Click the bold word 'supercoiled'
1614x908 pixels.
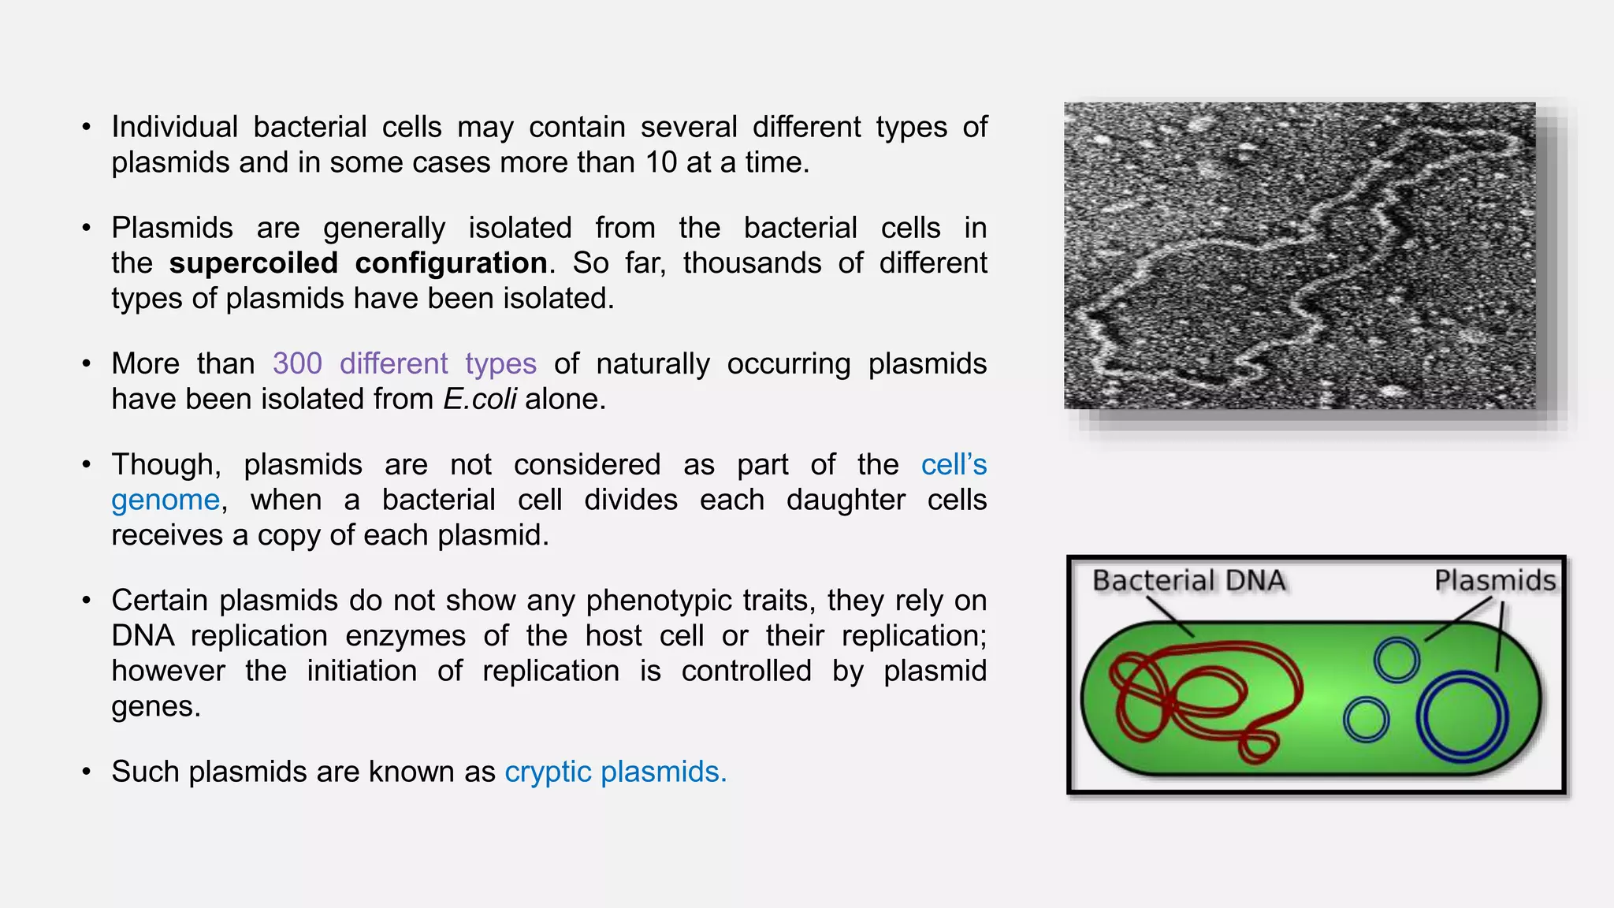tap(253, 263)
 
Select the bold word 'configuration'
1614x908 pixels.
tap(451, 263)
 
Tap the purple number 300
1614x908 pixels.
tap(297, 364)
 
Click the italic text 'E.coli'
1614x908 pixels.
tap(479, 400)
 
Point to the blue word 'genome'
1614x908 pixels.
tap(165, 501)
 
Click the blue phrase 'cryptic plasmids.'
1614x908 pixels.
tap(615, 772)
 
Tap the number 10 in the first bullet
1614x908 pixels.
tap(661, 162)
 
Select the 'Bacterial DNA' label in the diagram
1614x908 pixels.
tap(1188, 581)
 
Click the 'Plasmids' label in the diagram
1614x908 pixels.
tap(1494, 581)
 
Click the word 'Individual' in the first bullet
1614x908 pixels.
tap(174, 127)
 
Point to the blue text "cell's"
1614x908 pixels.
tap(954, 465)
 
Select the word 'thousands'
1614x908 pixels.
tap(752, 263)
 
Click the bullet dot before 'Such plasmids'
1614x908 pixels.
tap(87, 772)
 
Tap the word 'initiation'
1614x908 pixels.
tap(362, 672)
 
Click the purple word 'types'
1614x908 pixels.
tap(500, 364)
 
